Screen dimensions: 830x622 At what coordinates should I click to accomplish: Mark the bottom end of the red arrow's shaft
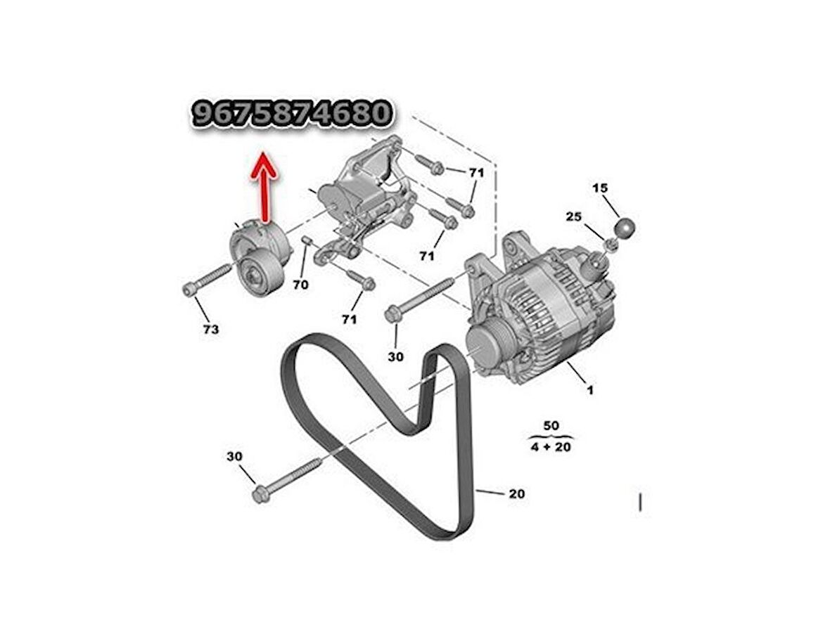264,219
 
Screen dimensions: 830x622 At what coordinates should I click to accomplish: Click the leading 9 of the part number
202,113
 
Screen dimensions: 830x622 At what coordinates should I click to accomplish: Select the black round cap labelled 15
625,228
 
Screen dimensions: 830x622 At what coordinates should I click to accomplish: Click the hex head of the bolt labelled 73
190,290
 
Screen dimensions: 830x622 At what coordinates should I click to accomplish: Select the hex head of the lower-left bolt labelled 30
260,495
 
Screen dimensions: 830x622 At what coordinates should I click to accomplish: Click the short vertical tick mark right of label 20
641,502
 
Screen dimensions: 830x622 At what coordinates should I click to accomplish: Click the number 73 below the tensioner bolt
211,330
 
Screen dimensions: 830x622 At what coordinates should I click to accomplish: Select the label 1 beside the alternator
590,390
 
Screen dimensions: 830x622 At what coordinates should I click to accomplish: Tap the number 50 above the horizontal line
551,425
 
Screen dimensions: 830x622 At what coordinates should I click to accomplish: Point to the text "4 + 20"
551,447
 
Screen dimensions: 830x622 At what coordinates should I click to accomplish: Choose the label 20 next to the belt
516,493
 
